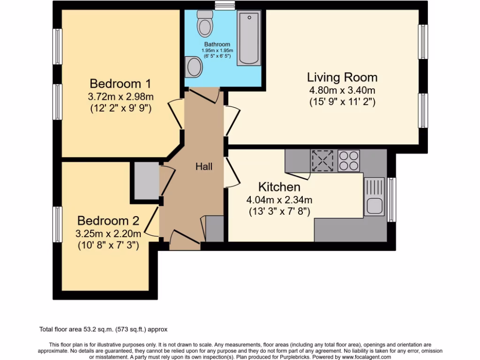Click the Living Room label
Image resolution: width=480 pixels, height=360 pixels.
[342, 77]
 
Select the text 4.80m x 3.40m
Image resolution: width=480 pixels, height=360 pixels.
[342, 90]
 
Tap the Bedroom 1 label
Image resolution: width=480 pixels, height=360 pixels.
[120, 84]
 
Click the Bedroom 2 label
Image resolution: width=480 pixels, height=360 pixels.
[108, 220]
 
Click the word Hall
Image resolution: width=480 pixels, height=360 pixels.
[204, 166]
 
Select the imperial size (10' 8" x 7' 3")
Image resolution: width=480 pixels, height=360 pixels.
[108, 245]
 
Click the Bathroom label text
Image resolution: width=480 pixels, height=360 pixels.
[217, 45]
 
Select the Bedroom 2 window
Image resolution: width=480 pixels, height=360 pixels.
[57, 225]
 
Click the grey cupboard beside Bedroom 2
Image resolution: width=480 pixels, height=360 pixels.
[145, 181]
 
